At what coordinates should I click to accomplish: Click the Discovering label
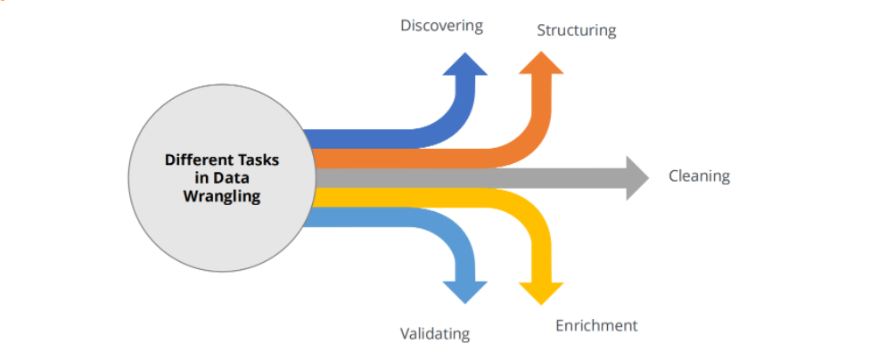point(441,26)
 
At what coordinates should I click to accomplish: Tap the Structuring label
point(577,30)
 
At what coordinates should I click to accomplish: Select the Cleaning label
point(699,176)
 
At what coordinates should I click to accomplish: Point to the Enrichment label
point(596,325)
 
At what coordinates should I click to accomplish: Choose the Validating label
point(435,333)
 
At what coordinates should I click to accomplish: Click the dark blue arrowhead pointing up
point(465,64)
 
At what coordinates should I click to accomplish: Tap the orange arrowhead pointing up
point(541,63)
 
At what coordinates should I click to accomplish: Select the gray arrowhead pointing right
point(637,178)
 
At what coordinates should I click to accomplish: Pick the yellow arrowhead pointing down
point(541,293)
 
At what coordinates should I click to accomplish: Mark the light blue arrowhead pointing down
point(465,292)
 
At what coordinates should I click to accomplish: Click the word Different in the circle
point(193,160)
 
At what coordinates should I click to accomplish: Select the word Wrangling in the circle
point(222,196)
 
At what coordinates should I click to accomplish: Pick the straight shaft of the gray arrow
point(471,178)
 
